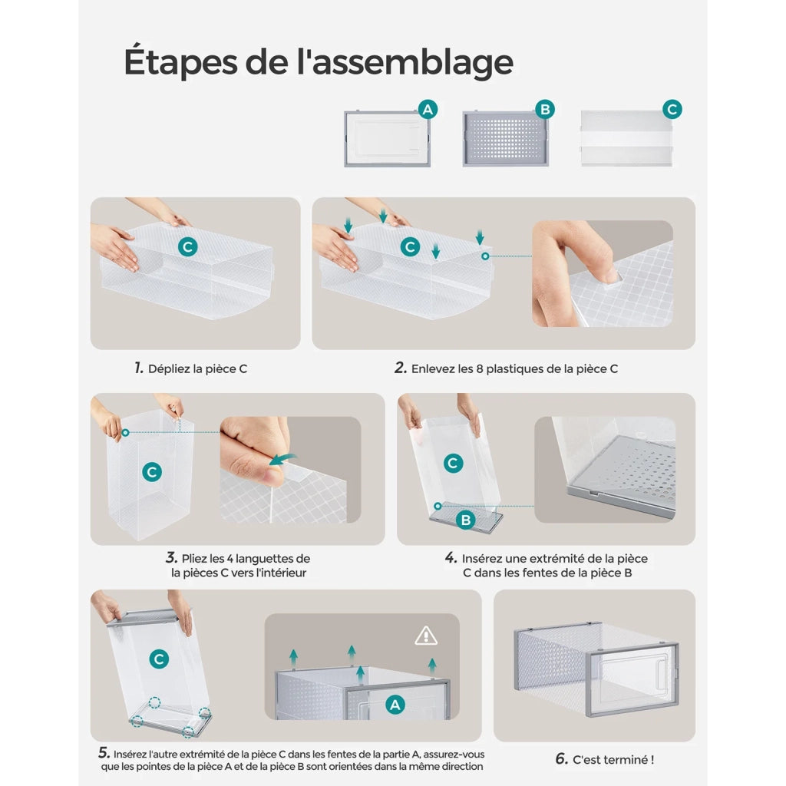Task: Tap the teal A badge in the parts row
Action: tap(428, 109)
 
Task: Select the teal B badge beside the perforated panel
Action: tap(545, 109)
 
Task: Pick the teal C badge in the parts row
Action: tap(672, 109)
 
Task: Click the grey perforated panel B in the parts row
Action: tap(505, 138)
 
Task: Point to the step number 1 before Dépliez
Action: tap(139, 368)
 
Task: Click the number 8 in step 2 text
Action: tap(479, 369)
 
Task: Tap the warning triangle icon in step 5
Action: tap(426, 636)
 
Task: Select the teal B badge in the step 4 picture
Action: tap(466, 520)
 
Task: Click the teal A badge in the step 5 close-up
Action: tap(395, 705)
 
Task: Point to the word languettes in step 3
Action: tap(261, 559)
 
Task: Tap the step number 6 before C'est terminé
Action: tap(561, 759)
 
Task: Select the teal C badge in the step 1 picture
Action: tap(188, 246)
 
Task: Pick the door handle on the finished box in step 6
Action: tap(662, 672)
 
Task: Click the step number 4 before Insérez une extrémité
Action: tap(451, 558)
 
